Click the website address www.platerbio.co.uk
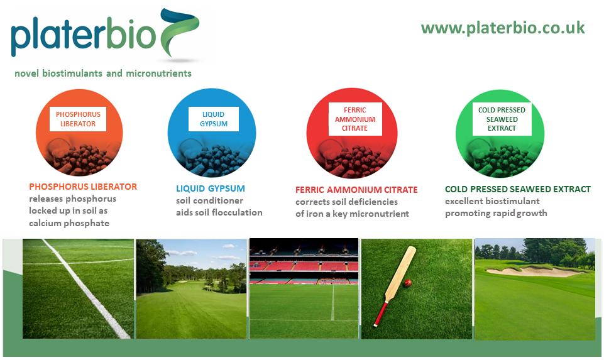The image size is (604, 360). tap(503, 28)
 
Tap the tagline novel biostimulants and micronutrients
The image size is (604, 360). tap(103, 73)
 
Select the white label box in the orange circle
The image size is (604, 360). tap(78, 119)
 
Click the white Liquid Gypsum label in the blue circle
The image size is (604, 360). tap(214, 119)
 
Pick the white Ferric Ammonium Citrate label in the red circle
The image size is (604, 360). tap(355, 119)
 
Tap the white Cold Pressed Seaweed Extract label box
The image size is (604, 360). tap(502, 119)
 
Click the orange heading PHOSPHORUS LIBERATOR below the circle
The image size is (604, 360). tap(83, 187)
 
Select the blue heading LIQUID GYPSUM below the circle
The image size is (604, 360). tap(211, 188)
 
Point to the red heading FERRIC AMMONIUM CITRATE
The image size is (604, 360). tap(356, 190)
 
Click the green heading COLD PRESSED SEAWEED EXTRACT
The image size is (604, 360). tap(518, 189)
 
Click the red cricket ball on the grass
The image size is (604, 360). tap(407, 283)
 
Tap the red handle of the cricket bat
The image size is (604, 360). tap(380, 314)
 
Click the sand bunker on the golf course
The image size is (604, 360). tap(535, 271)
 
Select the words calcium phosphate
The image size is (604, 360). tap(69, 223)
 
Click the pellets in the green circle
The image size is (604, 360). tap(501, 160)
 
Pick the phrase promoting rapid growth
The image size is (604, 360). tap(496, 214)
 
